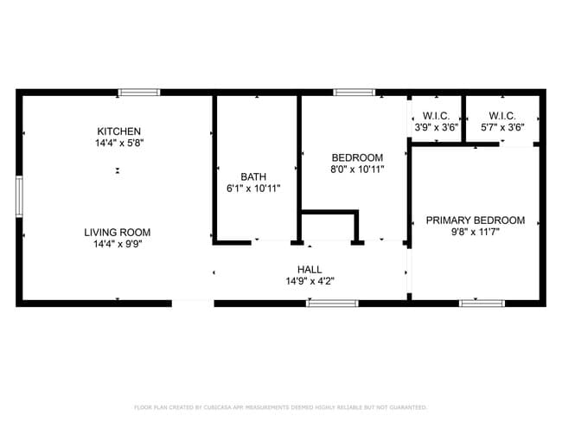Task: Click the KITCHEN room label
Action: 119,131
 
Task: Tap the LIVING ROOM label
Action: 118,233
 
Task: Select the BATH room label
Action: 253,176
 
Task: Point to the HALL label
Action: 310,269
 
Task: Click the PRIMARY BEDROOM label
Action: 476,221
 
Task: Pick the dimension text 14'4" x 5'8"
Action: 119,143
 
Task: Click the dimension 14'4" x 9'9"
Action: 118,244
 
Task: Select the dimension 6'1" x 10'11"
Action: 253,189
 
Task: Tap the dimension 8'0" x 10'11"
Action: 357,169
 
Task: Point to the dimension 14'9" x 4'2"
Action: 310,281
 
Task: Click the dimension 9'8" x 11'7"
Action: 476,232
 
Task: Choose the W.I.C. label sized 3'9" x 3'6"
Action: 436,116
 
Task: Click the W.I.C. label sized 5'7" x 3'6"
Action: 502,116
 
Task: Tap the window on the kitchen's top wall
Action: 139,93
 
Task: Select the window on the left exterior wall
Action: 19,196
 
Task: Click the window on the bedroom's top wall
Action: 354,93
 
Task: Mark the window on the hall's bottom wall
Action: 332,304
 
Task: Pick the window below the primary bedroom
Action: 482,304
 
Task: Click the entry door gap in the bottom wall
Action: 193,304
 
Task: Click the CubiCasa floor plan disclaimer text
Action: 281,407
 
